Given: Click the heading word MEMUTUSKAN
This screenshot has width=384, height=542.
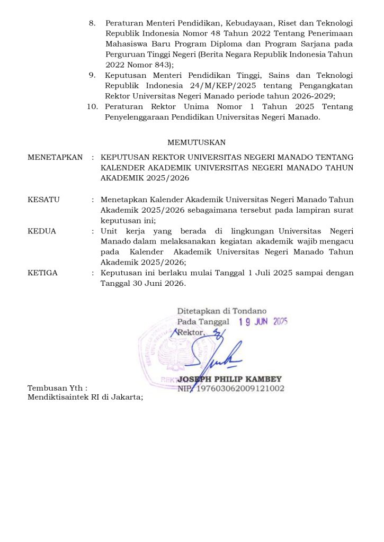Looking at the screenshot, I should coord(197,142).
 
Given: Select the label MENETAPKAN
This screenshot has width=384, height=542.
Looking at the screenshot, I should coord(55,157).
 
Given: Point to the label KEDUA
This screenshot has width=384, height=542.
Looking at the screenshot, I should coord(42,231).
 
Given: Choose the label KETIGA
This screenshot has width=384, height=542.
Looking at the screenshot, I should coord(43,273).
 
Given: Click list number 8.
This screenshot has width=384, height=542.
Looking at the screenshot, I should coord(92,24).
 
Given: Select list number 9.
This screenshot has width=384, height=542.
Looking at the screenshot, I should coord(92,76).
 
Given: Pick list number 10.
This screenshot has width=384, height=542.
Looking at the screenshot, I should coord(91,107).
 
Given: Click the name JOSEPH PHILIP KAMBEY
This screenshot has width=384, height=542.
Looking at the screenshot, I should coord(230,379).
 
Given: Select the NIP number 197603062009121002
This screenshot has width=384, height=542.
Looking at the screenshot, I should coord(241,389).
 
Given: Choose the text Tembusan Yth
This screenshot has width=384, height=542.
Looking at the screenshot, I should coord(57,388).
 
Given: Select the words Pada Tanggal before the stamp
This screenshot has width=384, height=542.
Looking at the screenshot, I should coord(203,321).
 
